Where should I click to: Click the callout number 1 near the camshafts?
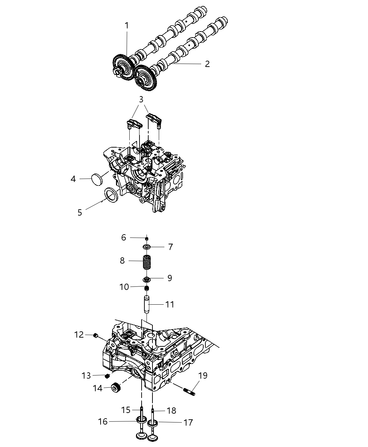tap(127, 26)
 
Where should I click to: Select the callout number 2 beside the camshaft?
tap(207, 64)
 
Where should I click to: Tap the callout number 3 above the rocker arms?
tap(141, 99)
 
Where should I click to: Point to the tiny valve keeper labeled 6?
tap(146, 238)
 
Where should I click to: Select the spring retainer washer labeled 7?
tap(147, 247)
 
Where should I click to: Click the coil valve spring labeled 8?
tap(147, 262)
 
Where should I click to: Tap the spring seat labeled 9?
tap(147, 279)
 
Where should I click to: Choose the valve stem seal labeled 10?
tap(147, 288)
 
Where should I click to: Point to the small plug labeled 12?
tap(95, 336)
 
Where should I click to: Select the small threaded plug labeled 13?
tap(108, 376)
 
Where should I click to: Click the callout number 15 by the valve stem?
tap(125, 410)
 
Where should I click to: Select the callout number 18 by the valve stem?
tap(171, 411)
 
